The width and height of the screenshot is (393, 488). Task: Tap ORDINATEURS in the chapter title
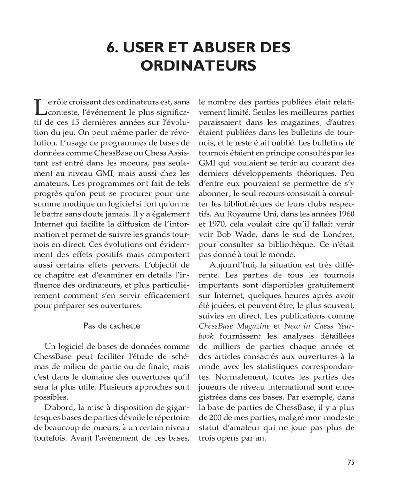(198, 65)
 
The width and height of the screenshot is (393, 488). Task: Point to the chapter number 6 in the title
(112, 48)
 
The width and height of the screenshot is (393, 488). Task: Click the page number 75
(351, 462)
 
